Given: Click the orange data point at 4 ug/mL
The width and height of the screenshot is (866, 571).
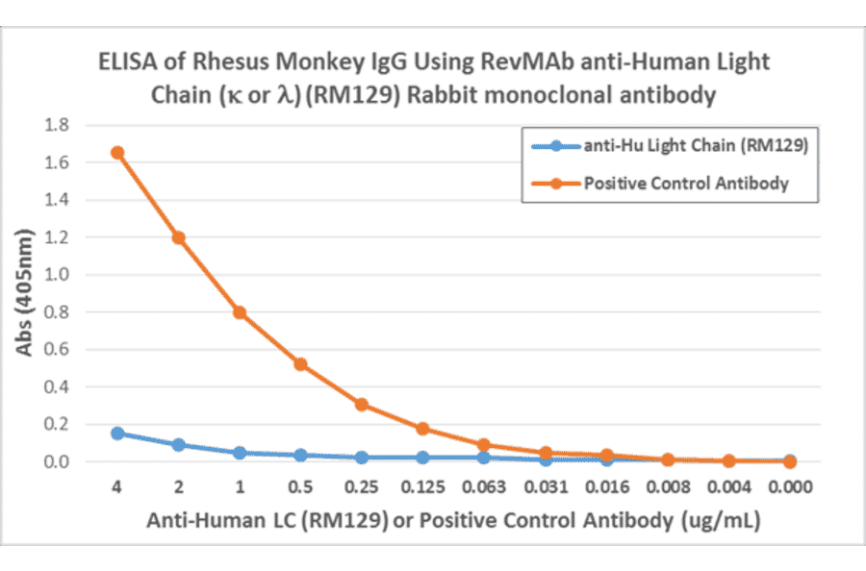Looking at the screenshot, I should pos(116,153).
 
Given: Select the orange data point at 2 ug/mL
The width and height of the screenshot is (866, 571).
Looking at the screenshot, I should pos(178,237).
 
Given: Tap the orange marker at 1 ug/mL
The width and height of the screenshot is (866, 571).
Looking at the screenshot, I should pos(240,312).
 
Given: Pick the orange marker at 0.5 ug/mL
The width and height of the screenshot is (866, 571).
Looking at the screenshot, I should pos(300,364).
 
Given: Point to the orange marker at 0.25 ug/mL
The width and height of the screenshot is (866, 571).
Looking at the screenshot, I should pos(362,405).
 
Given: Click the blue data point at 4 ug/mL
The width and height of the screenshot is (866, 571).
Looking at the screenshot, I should pos(116,434).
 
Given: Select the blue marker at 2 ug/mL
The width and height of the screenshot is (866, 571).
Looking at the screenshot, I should pos(178,445).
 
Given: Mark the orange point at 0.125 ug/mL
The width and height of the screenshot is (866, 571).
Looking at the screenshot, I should pos(422,429).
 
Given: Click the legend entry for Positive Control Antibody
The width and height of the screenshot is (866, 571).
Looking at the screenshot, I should pos(686,183).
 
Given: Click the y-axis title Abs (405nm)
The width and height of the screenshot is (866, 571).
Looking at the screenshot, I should pos(26,293).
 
